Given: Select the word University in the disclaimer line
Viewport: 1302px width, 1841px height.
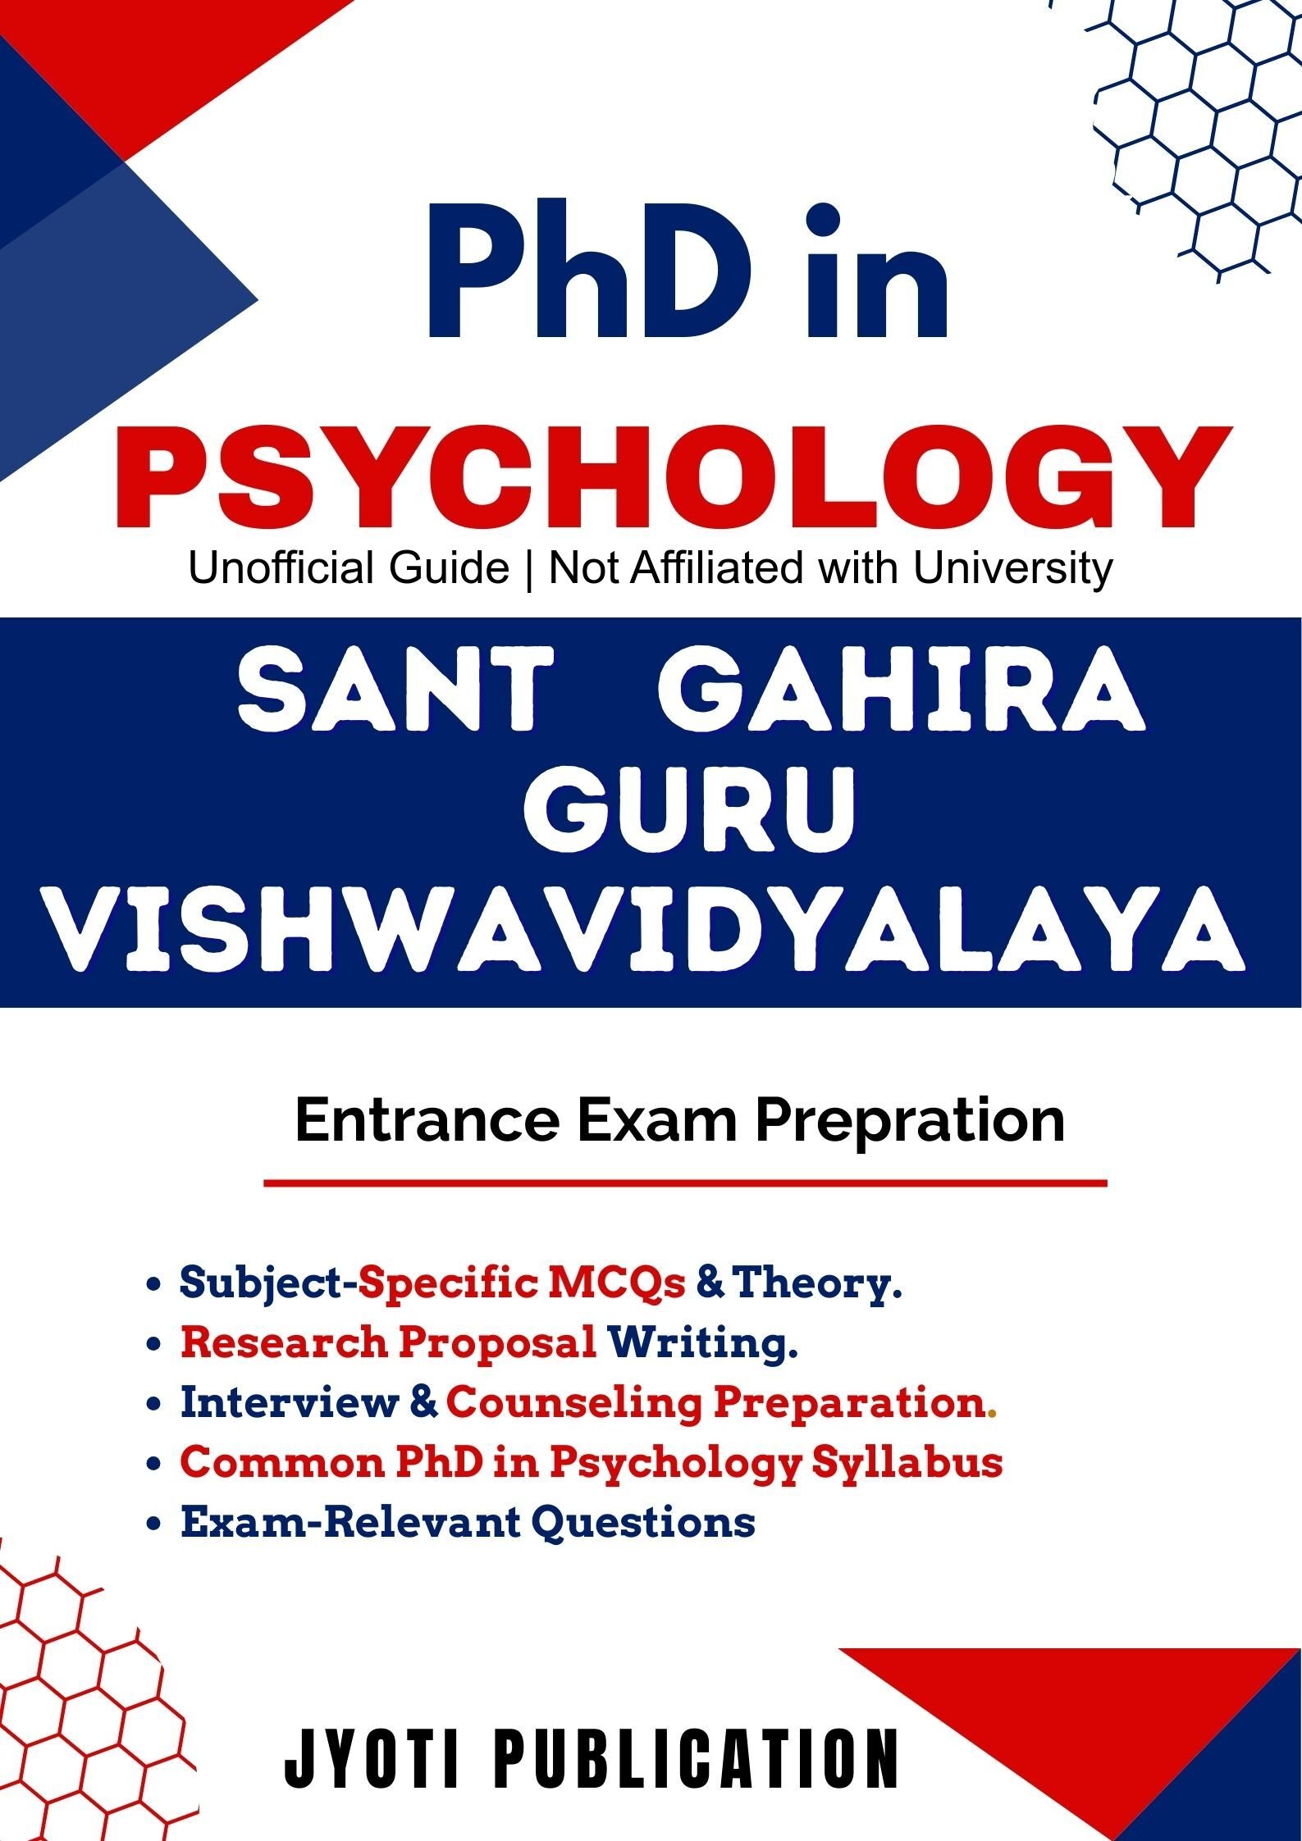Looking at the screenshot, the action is [1013, 570].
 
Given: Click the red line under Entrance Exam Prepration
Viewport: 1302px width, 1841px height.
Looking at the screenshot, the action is [685, 1183].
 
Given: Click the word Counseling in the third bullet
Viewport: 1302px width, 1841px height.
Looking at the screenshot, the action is [573, 1404].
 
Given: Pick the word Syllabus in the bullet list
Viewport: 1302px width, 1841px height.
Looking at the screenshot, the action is [907, 1463].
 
